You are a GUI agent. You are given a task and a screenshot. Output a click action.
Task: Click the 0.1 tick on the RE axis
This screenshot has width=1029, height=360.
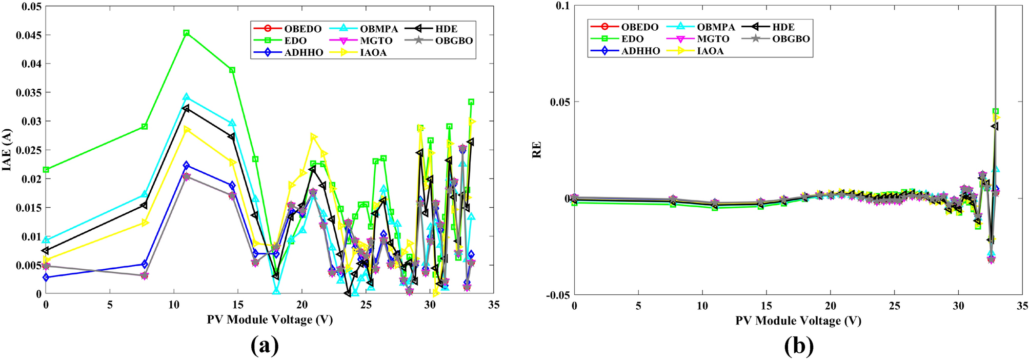[562, 6]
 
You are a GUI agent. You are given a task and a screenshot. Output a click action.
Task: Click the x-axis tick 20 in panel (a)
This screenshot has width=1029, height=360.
[301, 305]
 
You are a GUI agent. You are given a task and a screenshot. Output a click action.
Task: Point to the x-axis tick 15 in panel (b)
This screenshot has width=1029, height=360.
[766, 306]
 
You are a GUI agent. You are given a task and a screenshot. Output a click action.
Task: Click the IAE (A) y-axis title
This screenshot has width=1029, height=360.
[7, 150]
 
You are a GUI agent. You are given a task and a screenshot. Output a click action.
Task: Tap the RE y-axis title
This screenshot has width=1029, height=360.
[537, 150]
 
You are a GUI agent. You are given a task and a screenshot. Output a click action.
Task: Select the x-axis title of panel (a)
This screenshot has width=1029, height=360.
[270, 319]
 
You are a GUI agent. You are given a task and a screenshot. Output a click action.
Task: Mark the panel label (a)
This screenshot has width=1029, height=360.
[265, 346]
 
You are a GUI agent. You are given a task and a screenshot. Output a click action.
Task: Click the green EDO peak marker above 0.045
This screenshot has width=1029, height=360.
[187, 33]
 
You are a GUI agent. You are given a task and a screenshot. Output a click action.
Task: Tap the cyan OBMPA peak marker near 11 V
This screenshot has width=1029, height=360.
[186, 97]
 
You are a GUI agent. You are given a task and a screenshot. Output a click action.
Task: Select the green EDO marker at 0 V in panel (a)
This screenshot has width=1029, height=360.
[46, 170]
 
